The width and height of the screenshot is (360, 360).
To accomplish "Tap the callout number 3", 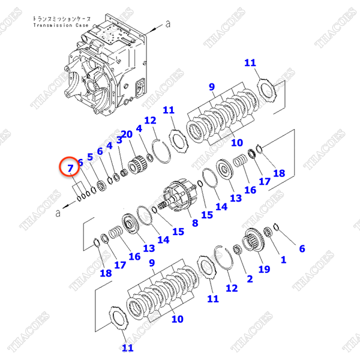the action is click(x=119, y=140).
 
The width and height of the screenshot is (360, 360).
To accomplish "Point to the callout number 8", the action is click(x=194, y=224).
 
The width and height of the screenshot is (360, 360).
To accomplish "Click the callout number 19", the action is click(x=262, y=269).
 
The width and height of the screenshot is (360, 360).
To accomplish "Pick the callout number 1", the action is click(x=283, y=261).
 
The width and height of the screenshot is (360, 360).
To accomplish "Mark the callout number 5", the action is click(x=91, y=157).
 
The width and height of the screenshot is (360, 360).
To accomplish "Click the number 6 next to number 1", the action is click(x=302, y=248).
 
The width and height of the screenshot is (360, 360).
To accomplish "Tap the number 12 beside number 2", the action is click(x=232, y=289).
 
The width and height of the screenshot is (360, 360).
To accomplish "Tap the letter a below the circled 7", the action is click(x=58, y=212).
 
